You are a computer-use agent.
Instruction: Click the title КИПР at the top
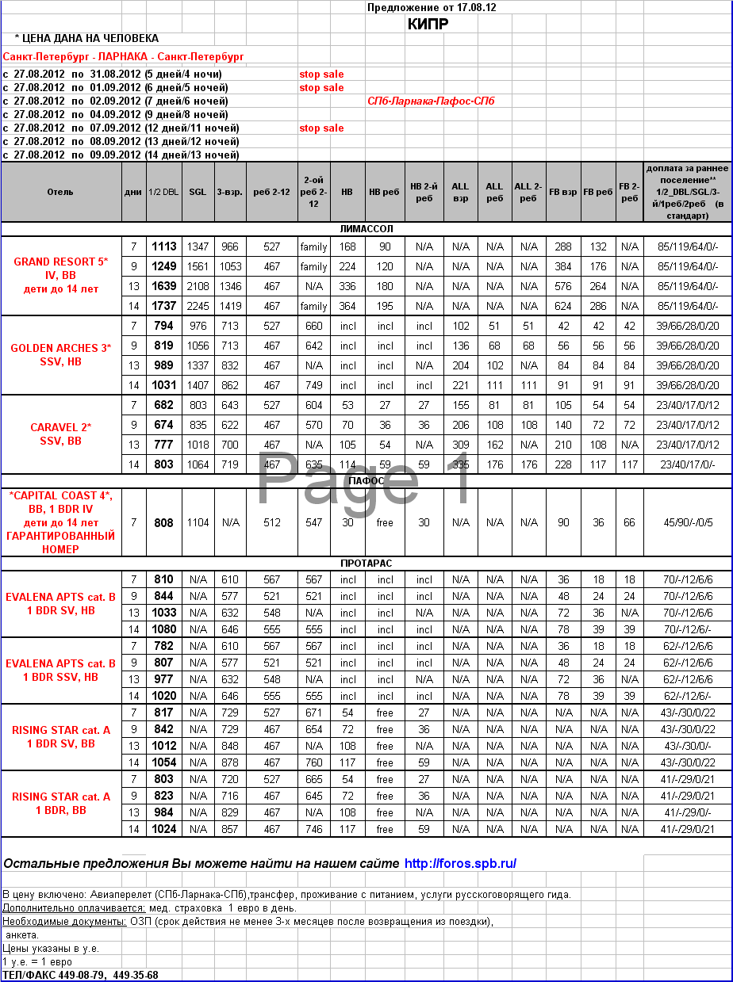click(428, 24)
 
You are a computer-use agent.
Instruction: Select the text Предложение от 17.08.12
click(432, 7)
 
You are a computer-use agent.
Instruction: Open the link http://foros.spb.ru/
click(460, 863)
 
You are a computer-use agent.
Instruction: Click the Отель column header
click(60, 192)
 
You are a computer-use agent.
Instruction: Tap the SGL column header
click(198, 192)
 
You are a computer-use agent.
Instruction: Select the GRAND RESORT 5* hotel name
click(61, 262)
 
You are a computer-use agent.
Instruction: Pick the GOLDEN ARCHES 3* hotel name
click(61, 348)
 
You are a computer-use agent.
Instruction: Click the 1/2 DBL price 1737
click(164, 306)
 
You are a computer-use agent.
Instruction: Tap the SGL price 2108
click(198, 286)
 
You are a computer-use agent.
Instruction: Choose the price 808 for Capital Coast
click(164, 523)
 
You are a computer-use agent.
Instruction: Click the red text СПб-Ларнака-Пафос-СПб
click(431, 101)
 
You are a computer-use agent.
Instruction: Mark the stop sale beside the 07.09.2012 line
click(321, 128)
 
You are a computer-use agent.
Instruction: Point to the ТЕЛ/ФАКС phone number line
click(80, 975)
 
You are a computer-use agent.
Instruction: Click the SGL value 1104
click(198, 523)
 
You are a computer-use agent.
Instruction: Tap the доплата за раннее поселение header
click(687, 192)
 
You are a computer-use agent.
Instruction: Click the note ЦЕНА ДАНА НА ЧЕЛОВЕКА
click(86, 38)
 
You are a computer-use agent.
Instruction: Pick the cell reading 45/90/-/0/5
click(688, 523)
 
